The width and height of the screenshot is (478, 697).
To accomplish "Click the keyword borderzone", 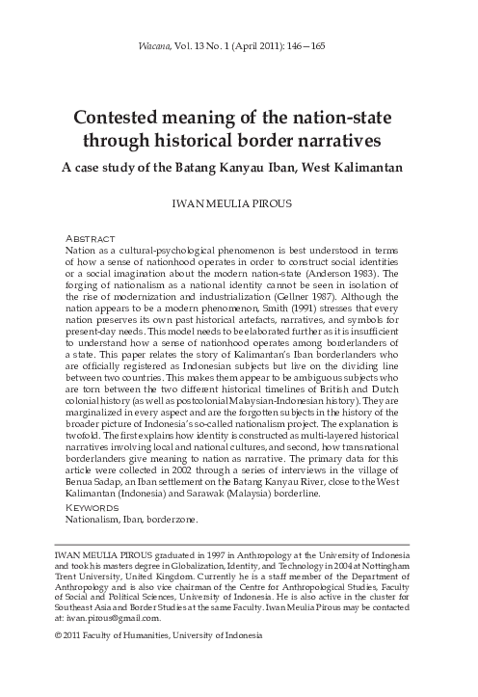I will (173, 518).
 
